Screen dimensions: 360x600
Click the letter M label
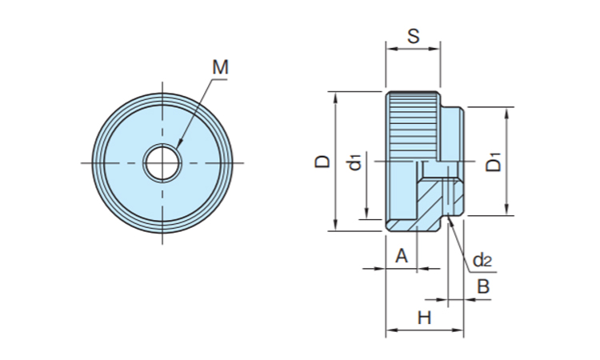coord(220,68)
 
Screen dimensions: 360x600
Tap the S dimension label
coord(413,35)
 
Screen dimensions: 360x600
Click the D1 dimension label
coord(494,162)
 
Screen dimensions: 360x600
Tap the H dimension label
coord(424,318)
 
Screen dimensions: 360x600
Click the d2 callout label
coord(482,260)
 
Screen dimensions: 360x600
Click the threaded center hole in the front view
coord(163,162)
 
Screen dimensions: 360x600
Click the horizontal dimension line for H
coord(425,329)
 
